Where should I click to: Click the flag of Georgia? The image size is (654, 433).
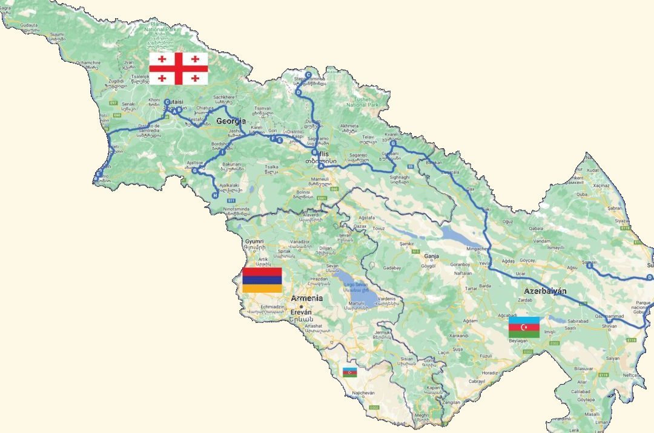click(179, 68)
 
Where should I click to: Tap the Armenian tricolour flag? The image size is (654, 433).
click(262, 280)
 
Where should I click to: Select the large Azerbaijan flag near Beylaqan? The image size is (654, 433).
click(524, 327)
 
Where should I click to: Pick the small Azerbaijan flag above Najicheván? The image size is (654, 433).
click(350, 372)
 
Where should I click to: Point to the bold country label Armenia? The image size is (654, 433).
click(306, 298)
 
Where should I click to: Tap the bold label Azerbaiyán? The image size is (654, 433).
click(546, 291)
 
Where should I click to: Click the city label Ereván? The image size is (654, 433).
click(301, 312)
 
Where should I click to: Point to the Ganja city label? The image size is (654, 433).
click(431, 256)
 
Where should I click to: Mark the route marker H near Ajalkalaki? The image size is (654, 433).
click(215, 195)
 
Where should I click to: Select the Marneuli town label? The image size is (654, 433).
click(320, 179)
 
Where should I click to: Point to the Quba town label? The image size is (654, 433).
click(582, 195)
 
